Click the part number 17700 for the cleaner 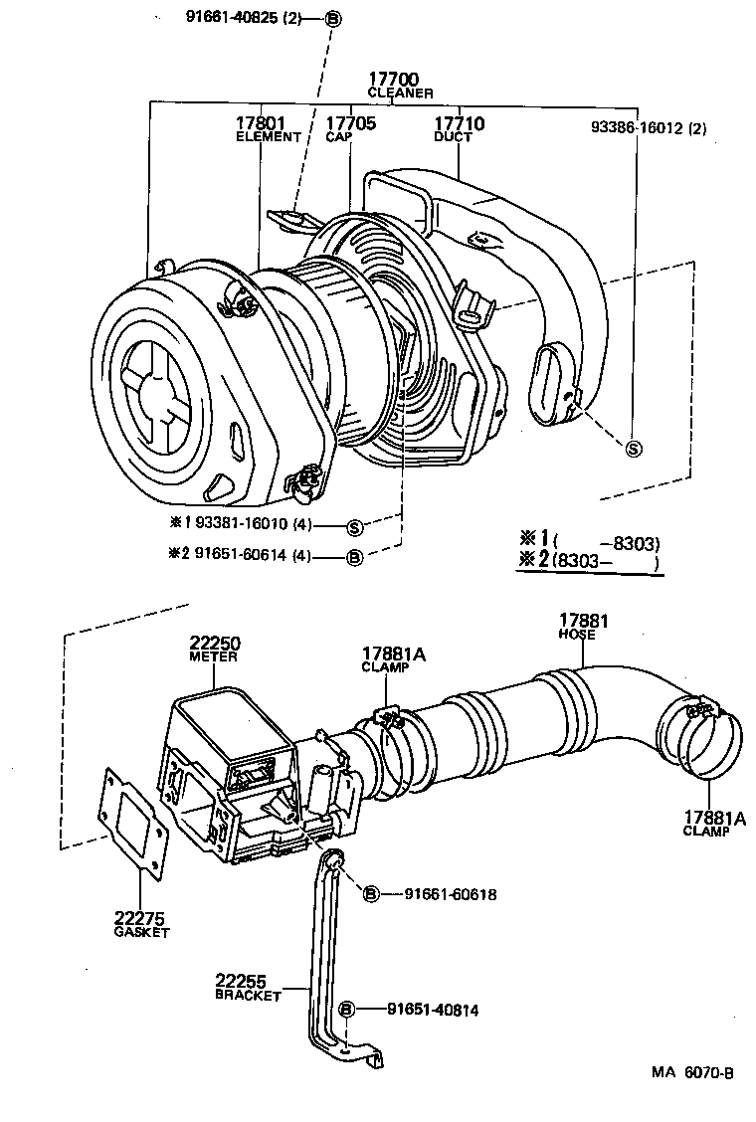click(394, 80)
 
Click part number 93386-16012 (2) click(648, 128)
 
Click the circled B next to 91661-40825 click(332, 18)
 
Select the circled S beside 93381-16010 click(353, 525)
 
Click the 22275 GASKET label click(140, 924)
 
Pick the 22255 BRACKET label click(248, 987)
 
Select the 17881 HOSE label click(583, 627)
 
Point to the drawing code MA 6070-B click(692, 1072)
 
